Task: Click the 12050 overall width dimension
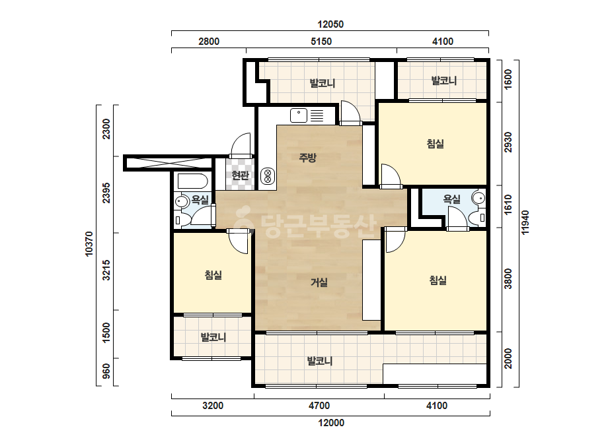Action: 330,24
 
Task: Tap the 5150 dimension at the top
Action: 321,42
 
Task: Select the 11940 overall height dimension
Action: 525,222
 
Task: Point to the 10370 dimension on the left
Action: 89,244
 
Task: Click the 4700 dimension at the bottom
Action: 319,406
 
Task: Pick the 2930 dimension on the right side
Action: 508,143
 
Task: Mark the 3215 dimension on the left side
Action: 106,271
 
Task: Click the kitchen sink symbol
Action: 298,115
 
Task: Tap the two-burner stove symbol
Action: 268,175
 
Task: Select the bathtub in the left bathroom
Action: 193,181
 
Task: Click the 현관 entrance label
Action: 240,175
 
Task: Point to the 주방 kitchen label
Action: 308,157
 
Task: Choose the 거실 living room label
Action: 319,282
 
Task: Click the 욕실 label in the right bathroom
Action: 451,199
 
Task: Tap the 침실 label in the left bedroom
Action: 213,275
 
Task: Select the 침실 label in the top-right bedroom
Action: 436,144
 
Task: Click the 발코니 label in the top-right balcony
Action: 444,80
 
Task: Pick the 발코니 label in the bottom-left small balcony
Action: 213,337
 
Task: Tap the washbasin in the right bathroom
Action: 478,198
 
